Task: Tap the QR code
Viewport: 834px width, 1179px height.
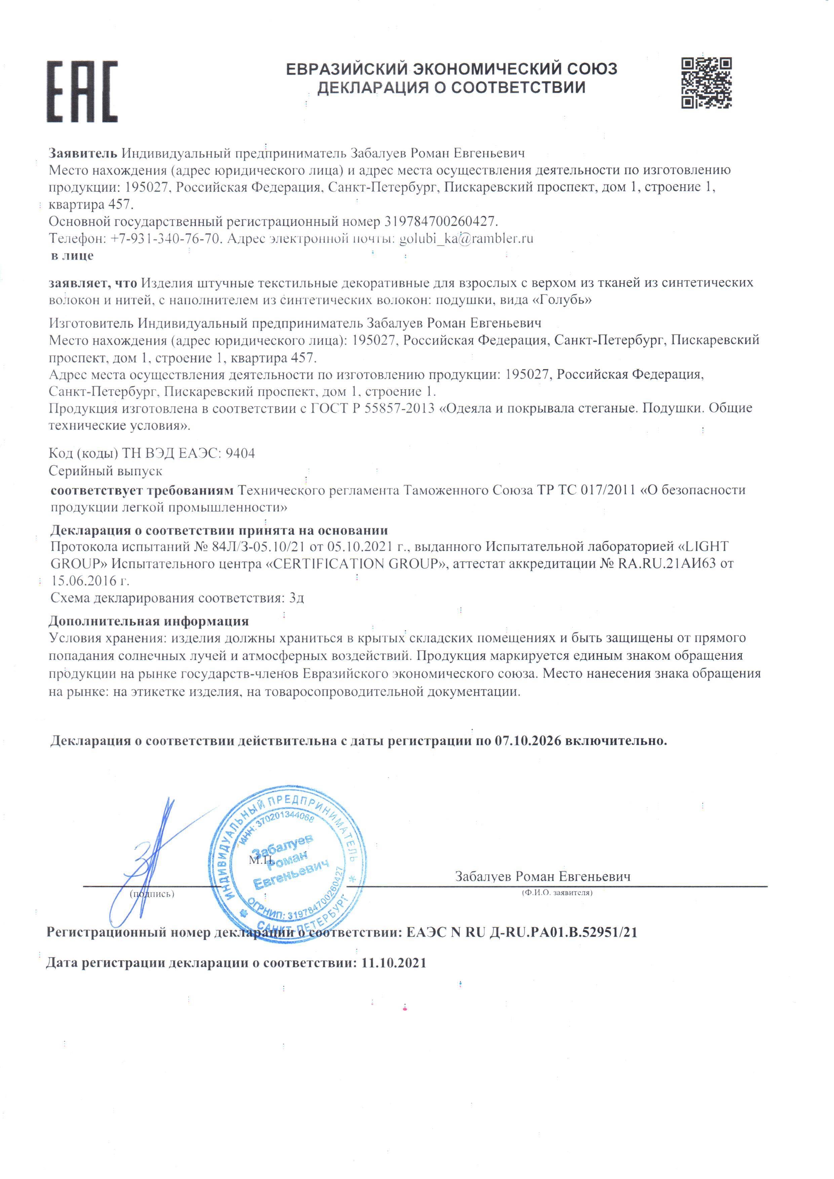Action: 706,83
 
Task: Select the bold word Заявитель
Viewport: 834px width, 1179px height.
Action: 83,153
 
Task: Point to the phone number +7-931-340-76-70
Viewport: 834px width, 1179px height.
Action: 166,238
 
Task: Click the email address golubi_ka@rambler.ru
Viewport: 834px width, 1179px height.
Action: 466,238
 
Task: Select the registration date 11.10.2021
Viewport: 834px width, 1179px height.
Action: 393,963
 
